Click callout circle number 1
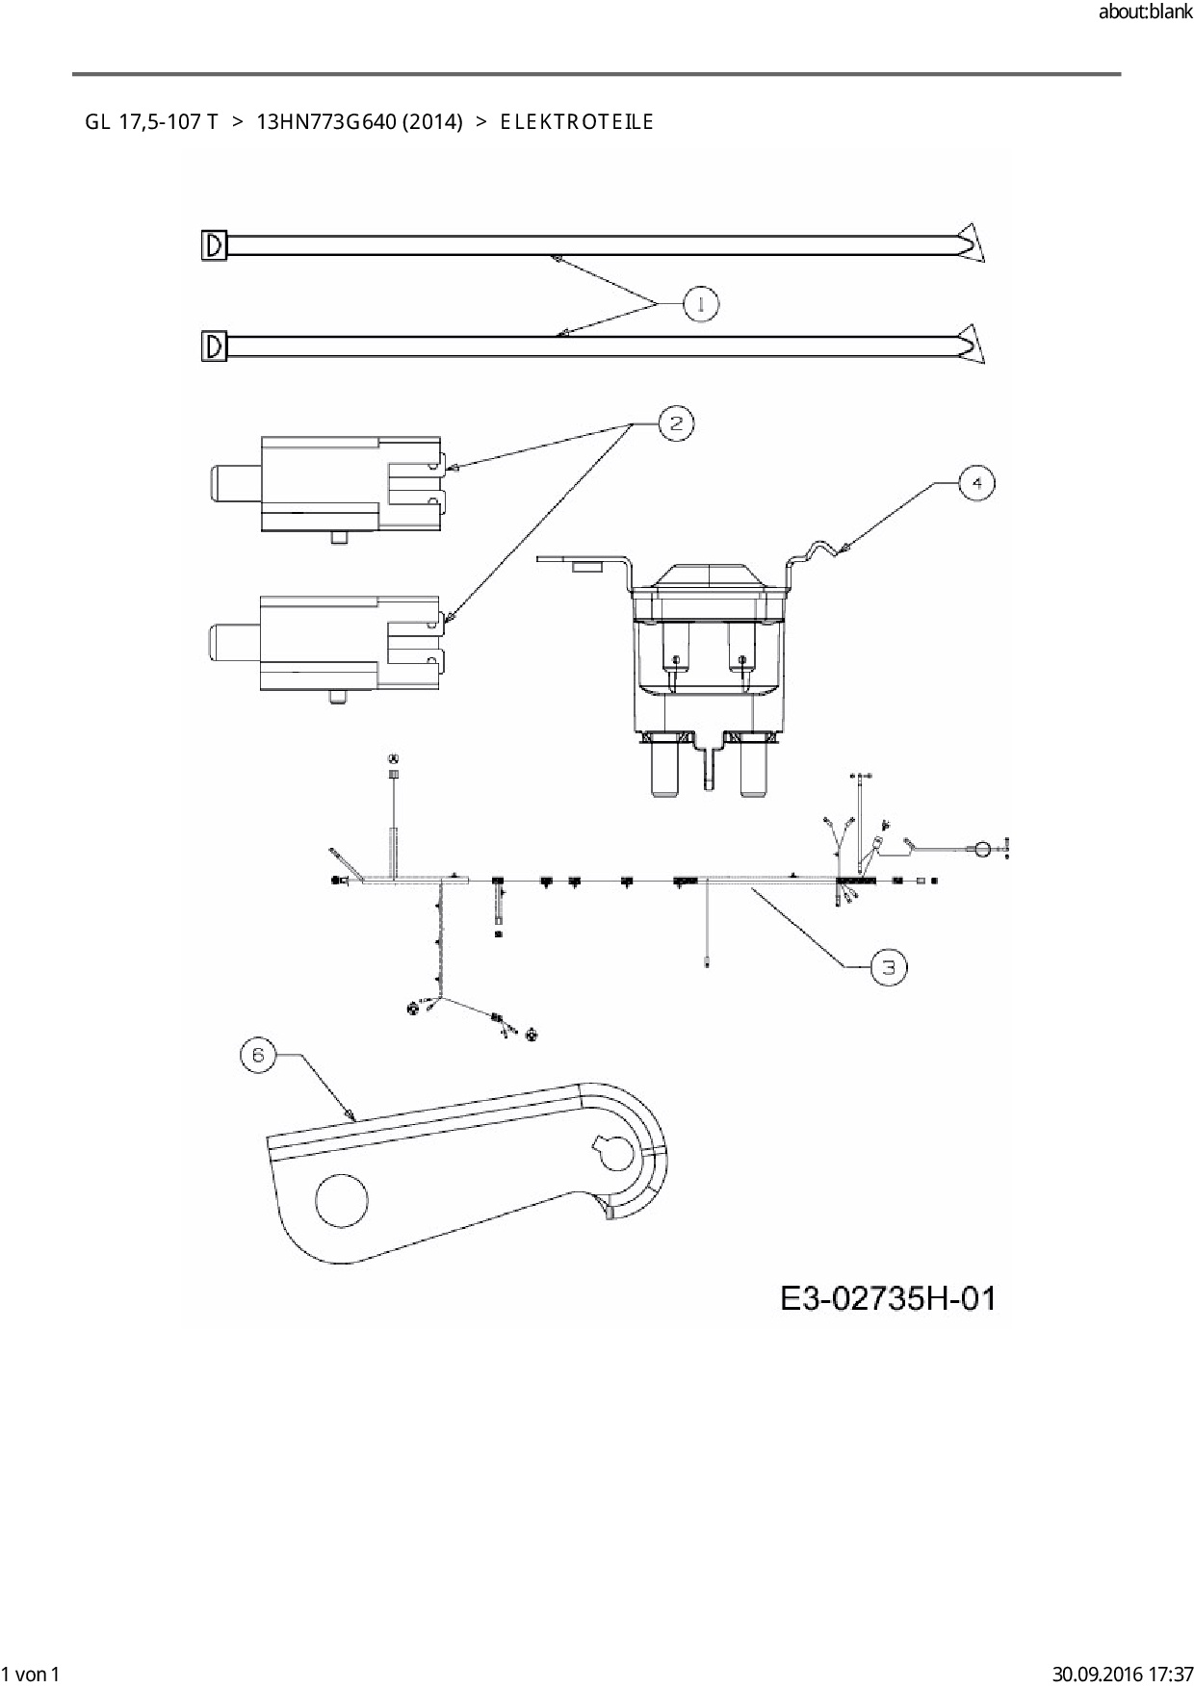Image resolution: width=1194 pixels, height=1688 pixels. (701, 305)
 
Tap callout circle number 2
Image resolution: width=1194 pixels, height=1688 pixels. (676, 423)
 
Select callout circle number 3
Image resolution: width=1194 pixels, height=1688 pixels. (889, 967)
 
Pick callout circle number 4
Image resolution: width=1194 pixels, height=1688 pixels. (977, 482)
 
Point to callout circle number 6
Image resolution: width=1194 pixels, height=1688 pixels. (257, 1056)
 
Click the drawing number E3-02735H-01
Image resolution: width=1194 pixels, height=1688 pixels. (888, 1298)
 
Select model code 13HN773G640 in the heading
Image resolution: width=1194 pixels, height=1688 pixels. (326, 122)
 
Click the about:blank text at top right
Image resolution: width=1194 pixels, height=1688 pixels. (1145, 13)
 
